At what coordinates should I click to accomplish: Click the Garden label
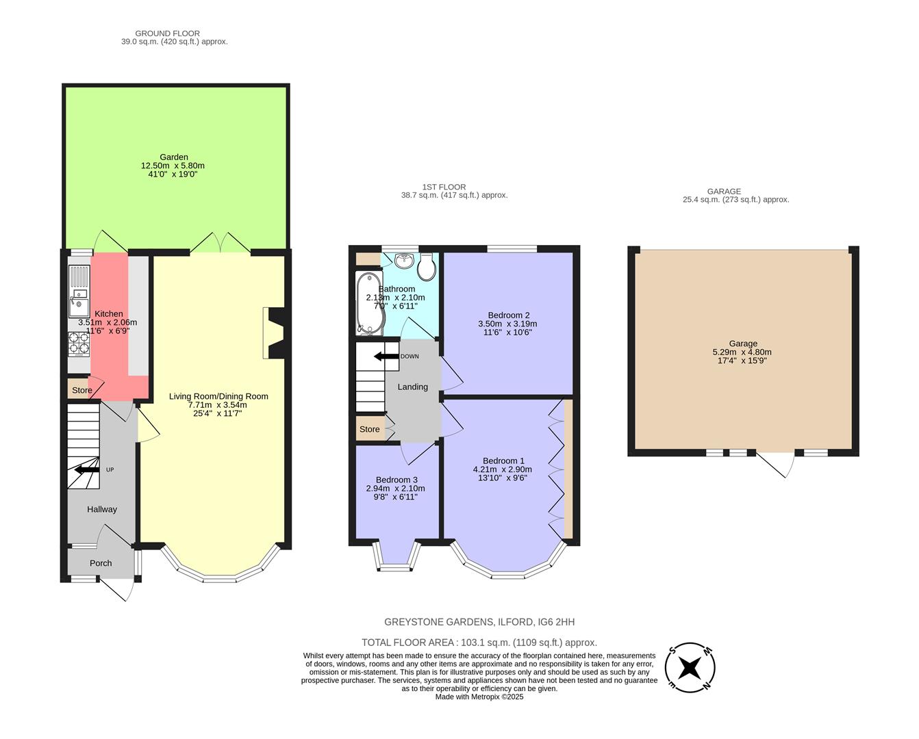click(x=174, y=157)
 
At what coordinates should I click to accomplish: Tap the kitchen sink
click(x=79, y=298)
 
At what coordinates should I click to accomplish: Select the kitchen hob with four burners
click(x=79, y=344)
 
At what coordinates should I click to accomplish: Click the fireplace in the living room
click(x=275, y=333)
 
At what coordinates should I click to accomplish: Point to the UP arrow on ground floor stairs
click(x=87, y=469)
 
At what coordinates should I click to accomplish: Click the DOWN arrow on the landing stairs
click(x=386, y=356)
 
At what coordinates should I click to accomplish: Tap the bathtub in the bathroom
click(x=370, y=304)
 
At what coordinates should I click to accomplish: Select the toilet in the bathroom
click(x=426, y=267)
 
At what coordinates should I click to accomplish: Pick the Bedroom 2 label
click(x=509, y=315)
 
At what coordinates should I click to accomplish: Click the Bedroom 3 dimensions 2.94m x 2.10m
click(x=395, y=489)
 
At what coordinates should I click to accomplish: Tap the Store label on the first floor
click(x=370, y=429)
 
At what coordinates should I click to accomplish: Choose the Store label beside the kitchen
click(x=82, y=390)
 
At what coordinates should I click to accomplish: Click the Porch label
click(x=101, y=563)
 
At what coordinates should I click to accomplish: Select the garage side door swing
click(x=781, y=465)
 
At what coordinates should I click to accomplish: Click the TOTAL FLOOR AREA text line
click(x=479, y=643)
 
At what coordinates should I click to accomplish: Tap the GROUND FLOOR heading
click(x=167, y=33)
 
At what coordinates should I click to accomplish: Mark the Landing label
click(x=413, y=387)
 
